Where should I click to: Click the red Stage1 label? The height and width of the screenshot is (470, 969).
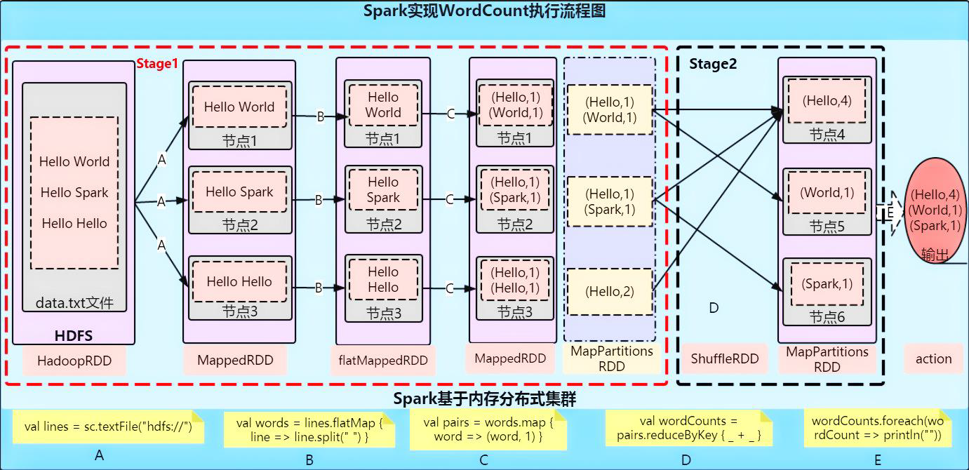click(x=156, y=64)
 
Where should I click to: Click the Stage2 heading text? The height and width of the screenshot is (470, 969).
click(x=713, y=65)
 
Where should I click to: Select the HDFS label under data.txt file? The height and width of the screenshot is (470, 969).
click(x=74, y=336)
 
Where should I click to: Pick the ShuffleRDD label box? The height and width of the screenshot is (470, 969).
click(x=726, y=359)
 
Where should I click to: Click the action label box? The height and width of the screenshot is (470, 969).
click(x=933, y=359)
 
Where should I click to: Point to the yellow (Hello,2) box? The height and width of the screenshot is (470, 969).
click(x=610, y=291)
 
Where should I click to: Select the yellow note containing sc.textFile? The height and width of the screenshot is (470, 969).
click(x=108, y=427)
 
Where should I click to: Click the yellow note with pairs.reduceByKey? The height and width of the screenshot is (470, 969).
click(x=688, y=429)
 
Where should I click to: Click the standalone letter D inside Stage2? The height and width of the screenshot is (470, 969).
click(x=714, y=308)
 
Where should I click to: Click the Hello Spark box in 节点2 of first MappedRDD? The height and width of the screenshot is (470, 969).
click(x=239, y=192)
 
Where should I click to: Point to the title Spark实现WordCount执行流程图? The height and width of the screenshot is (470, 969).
click(x=484, y=12)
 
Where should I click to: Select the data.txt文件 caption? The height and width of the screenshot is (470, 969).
click(x=74, y=304)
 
